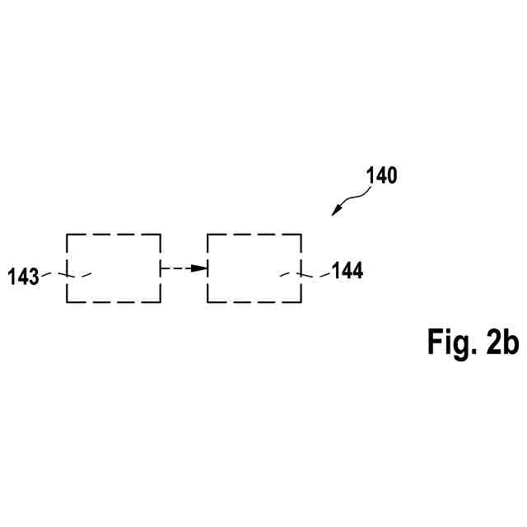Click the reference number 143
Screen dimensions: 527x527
24,277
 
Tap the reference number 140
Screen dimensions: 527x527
380,175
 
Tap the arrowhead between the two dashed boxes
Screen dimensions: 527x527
198,268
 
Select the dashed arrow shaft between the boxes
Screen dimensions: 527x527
176,268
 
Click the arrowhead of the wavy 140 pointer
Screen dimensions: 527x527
336,212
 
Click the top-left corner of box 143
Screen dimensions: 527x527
67,235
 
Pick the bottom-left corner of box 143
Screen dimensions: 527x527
67,302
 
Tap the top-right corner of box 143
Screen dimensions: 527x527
161,235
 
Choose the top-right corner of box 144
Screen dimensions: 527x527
301,235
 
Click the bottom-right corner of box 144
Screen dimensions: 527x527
301,302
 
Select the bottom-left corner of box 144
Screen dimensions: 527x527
208,302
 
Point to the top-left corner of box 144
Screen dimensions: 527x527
208,235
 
